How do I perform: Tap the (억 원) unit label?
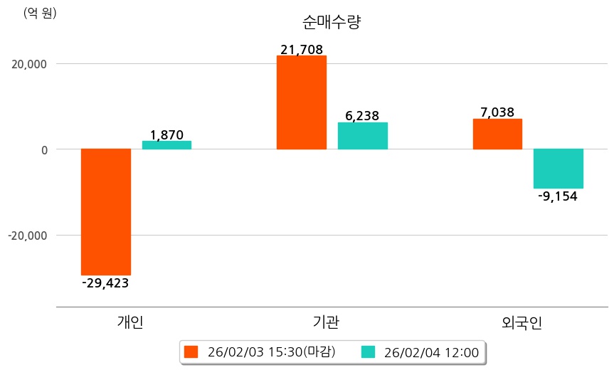40,13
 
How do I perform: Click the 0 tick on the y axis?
43,149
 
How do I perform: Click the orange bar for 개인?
106,211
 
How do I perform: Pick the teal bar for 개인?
166,145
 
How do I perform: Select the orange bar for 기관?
302,102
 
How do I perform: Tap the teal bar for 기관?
363,136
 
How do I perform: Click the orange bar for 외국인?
497,134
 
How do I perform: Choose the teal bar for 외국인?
559,169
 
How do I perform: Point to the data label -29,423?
105,283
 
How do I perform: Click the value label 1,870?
166,134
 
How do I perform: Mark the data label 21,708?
302,50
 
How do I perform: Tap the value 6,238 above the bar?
362,116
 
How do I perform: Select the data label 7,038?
497,112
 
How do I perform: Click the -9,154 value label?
559,196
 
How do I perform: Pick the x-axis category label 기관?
326,322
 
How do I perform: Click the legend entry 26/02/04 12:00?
421,352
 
